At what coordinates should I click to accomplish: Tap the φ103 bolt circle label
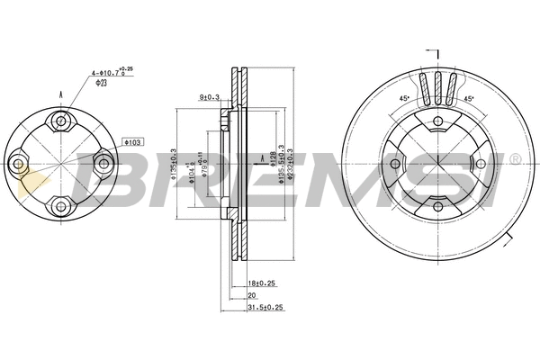(132, 142)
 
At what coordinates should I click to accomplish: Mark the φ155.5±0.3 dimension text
(281, 163)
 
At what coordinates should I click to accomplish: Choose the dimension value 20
(253, 294)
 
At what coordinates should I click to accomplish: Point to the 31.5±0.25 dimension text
(265, 307)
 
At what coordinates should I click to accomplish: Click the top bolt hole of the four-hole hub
(60, 121)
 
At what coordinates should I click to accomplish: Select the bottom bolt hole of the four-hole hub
(60, 205)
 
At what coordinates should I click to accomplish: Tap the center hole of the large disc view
(436, 164)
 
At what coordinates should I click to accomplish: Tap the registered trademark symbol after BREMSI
(515, 158)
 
